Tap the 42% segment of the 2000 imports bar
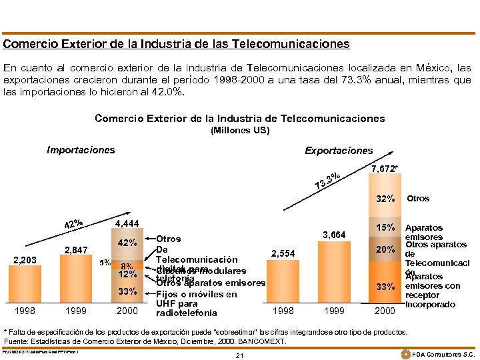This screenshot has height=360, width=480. [127, 243]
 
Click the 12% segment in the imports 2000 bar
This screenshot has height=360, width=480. [127, 274]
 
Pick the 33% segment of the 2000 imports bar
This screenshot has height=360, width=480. [127, 291]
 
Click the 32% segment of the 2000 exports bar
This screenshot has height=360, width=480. [385, 199]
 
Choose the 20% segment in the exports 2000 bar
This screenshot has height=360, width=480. [385, 250]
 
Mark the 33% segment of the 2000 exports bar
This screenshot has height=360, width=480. [385, 286]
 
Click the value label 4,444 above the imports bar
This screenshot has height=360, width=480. [127, 224]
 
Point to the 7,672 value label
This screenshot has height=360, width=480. [385, 169]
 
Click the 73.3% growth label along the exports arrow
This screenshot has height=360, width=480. [329, 179]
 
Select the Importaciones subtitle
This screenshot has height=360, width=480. [81, 150]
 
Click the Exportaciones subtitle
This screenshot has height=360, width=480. [339, 151]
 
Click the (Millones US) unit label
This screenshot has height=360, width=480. [240, 131]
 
